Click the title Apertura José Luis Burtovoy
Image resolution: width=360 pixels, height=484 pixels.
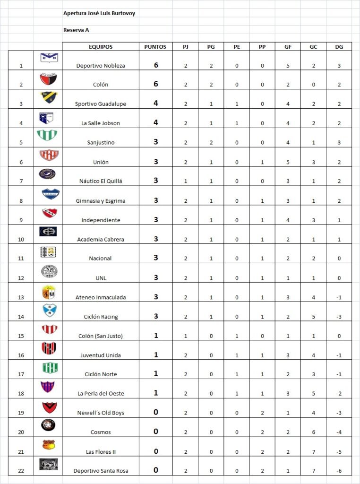[x=99, y=14]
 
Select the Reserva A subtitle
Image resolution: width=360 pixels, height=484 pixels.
[x=76, y=30]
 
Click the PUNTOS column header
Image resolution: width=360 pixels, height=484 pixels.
[x=155, y=47]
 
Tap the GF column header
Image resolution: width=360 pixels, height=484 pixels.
[x=288, y=47]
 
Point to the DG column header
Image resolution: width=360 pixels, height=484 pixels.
[x=339, y=47]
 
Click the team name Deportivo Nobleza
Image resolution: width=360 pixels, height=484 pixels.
[x=101, y=66]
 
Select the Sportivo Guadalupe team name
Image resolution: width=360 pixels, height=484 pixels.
[x=101, y=104]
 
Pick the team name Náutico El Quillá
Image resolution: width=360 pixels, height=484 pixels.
[x=101, y=181]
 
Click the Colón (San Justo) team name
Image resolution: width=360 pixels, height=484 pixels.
[x=101, y=336]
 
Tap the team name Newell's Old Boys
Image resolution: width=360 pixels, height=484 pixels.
[x=101, y=413]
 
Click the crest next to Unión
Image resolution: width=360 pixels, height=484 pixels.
[x=48, y=155]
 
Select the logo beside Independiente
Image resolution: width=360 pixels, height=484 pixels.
[x=48, y=213]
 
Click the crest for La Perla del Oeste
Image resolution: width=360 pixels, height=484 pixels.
[x=48, y=387]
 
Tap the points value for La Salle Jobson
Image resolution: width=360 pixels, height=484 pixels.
[x=156, y=122]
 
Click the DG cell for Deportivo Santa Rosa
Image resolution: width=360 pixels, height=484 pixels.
[x=339, y=471]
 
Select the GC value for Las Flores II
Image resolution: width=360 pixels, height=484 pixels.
[x=313, y=452]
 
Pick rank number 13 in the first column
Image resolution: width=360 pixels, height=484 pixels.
[x=21, y=297]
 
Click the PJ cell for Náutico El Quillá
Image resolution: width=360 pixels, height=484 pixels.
[x=185, y=181]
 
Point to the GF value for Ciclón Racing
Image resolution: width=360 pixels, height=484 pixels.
[x=288, y=317]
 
